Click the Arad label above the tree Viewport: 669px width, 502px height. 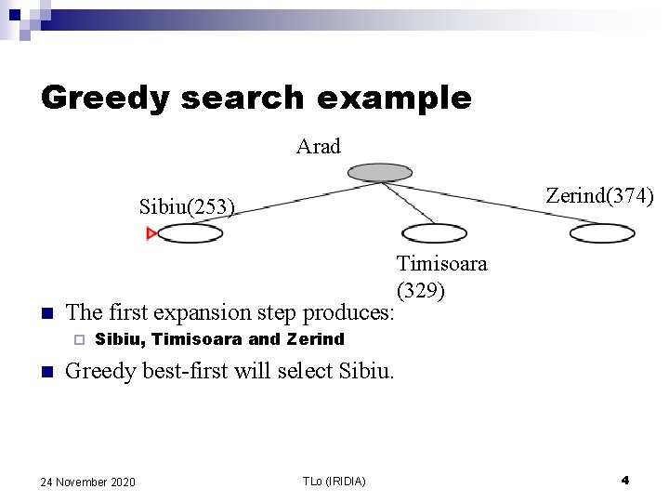click(319, 146)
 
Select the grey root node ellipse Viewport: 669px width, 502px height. click(379, 172)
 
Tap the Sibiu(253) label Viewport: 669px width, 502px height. click(187, 205)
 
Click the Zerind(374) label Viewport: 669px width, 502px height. click(599, 195)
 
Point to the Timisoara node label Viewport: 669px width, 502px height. click(441, 263)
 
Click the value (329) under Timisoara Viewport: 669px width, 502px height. click(421, 290)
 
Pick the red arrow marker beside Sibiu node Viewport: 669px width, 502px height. click(151, 233)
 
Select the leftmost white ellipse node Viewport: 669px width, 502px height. click(191, 233)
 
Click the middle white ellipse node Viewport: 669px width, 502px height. click(434, 233)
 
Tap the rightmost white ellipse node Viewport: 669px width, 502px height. click(601, 233)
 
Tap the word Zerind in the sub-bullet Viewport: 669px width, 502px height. click(316, 339)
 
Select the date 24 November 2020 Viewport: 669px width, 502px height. click(88, 481)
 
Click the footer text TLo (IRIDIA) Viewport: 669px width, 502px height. click(334, 481)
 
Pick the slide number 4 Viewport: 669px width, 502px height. click(624, 480)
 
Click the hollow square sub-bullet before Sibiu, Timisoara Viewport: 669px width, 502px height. click(78, 339)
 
